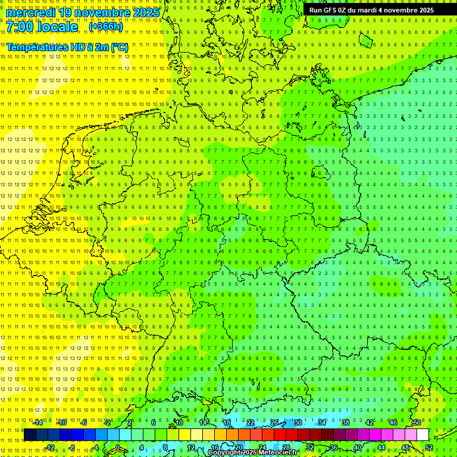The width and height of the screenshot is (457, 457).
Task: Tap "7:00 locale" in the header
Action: pos(42,27)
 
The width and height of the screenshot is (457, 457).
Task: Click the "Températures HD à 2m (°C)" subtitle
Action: pos(67,47)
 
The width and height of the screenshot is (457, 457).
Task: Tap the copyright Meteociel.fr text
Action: pos(253,453)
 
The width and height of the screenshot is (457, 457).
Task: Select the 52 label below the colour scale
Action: pos(429,447)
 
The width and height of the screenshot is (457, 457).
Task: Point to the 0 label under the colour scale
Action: pos(118,447)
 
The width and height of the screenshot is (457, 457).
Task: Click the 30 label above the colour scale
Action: pos(298,422)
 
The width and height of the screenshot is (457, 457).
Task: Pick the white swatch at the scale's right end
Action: pos(422,435)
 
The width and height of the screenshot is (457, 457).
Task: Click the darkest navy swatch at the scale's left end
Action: pos(30,435)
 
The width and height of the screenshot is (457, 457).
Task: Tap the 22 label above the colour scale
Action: pos(251,422)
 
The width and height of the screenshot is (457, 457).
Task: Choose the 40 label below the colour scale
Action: pos(358,447)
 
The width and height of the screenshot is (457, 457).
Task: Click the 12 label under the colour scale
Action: pos(191,447)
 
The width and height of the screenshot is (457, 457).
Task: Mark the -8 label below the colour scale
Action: pos(71,447)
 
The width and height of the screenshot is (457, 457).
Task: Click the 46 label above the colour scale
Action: pos(393,422)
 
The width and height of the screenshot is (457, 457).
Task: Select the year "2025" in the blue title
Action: pos(146,12)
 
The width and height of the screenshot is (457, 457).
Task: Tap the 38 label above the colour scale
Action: pos(345,422)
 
